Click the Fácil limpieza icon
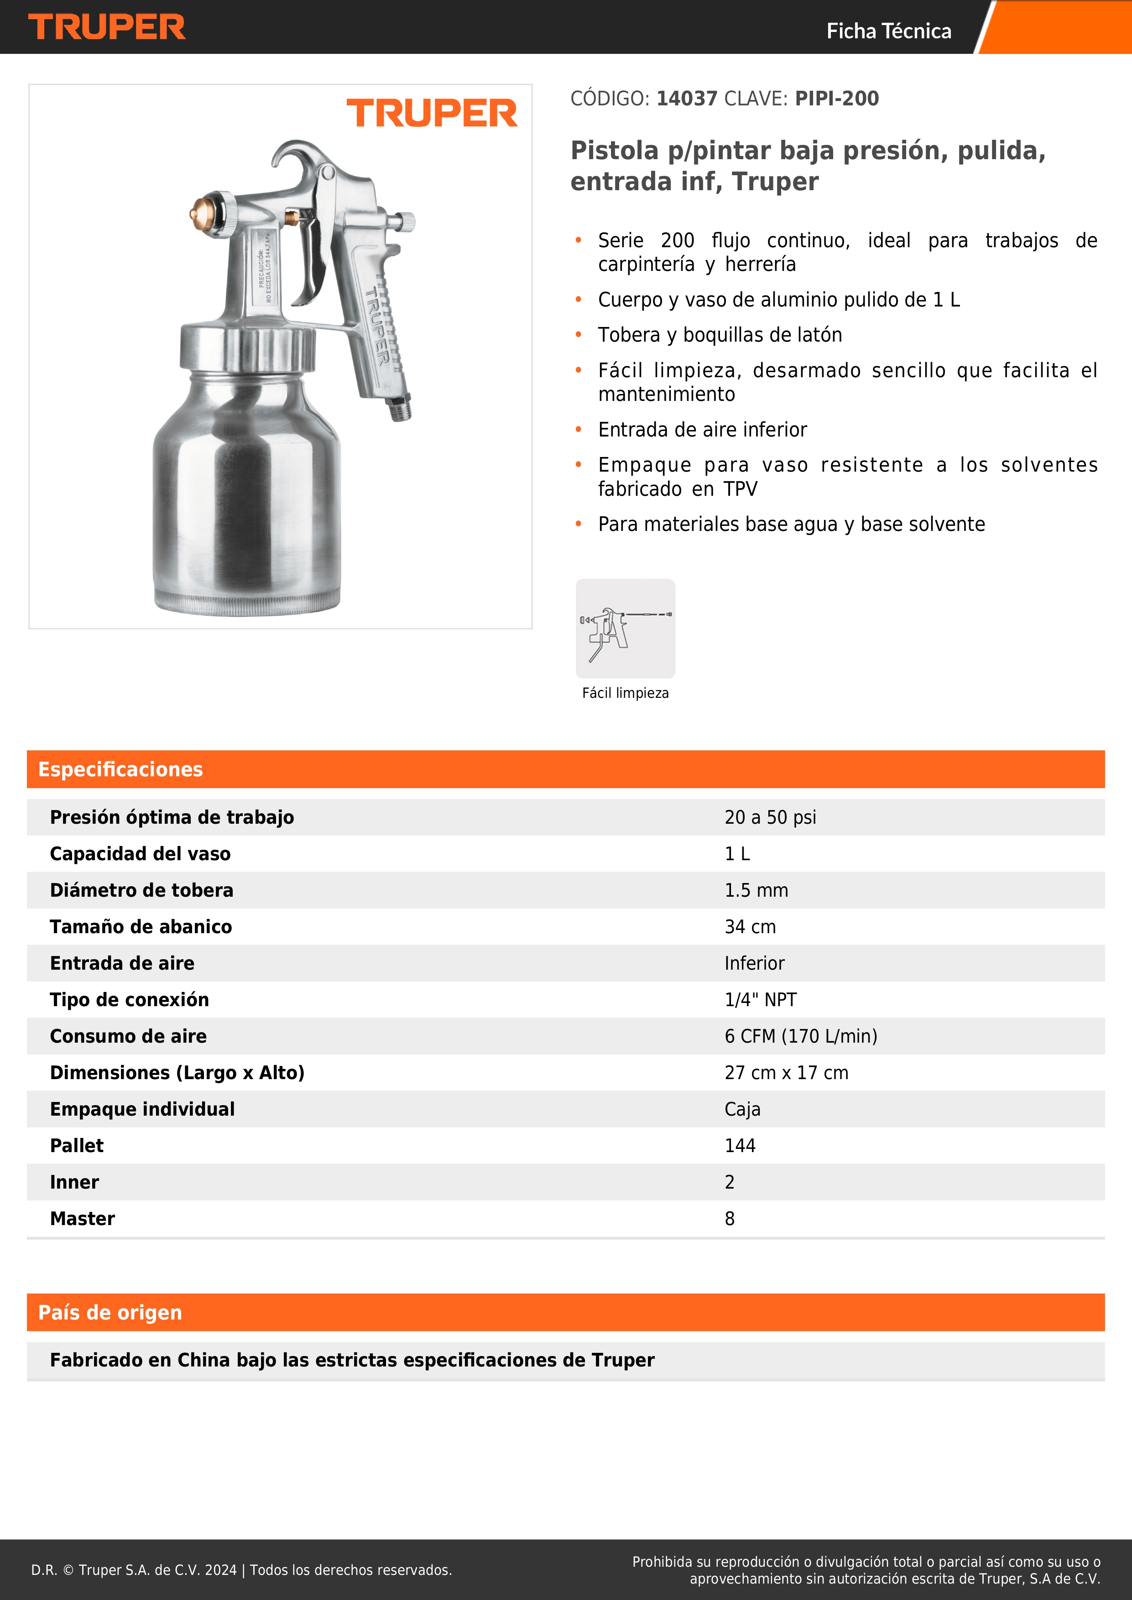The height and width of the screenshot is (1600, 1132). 625,629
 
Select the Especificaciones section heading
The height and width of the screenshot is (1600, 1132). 120,769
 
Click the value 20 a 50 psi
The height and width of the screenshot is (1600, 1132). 770,817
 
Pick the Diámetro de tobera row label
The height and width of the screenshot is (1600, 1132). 141,891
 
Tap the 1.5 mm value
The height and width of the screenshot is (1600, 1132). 756,891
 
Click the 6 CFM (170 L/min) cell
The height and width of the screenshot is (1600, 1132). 801,1036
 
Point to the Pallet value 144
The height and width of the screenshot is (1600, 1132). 740,1146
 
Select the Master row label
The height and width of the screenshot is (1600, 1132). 82,1219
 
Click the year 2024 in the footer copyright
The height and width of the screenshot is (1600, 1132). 220,1570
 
